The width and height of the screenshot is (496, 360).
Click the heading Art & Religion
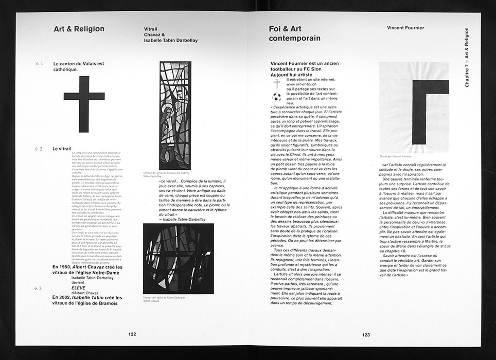tap(79, 29)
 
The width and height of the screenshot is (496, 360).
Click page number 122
tap(132, 334)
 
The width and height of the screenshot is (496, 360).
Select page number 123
tap(365, 334)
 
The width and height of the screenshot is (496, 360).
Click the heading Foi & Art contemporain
tap(294, 33)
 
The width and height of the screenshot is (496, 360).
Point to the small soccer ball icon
tap(277, 95)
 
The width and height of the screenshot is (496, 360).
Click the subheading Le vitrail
tap(62, 149)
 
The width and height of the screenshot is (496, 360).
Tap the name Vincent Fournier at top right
tap(405, 28)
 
